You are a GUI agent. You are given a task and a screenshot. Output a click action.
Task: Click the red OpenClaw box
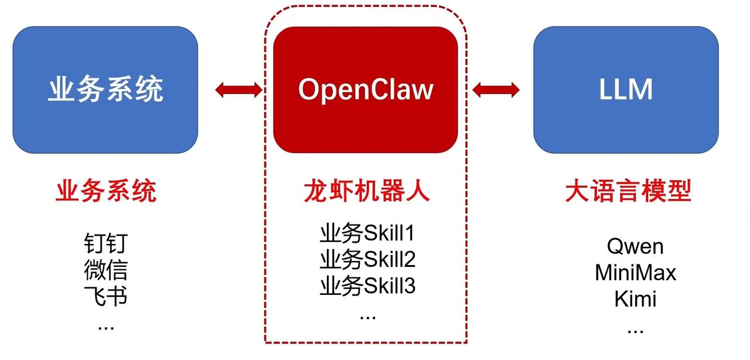point(366,90)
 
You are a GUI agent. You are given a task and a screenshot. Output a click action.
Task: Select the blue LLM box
point(626,90)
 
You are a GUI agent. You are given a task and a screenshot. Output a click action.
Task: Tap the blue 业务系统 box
point(105,90)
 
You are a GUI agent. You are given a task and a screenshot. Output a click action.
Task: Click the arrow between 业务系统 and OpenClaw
point(238,90)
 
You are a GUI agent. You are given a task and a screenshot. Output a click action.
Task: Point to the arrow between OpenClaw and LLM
point(496,90)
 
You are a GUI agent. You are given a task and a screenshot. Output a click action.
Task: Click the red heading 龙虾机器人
point(366,191)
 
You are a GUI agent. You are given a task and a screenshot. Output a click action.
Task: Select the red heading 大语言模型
point(628,191)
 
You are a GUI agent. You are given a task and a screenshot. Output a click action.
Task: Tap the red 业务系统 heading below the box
point(106,191)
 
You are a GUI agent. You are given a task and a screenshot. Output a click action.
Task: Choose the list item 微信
point(105,270)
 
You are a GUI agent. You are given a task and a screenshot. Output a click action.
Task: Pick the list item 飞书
point(105,296)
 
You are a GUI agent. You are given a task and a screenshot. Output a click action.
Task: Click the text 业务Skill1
point(367,233)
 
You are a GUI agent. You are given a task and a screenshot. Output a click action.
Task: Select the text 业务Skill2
point(367,259)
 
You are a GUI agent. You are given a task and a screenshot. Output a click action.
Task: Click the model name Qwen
point(635,246)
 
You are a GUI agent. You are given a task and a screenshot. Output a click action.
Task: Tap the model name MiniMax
point(635,273)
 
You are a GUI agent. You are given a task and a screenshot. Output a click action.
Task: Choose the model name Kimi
point(635,299)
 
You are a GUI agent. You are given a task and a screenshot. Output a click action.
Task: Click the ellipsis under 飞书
point(105,327)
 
